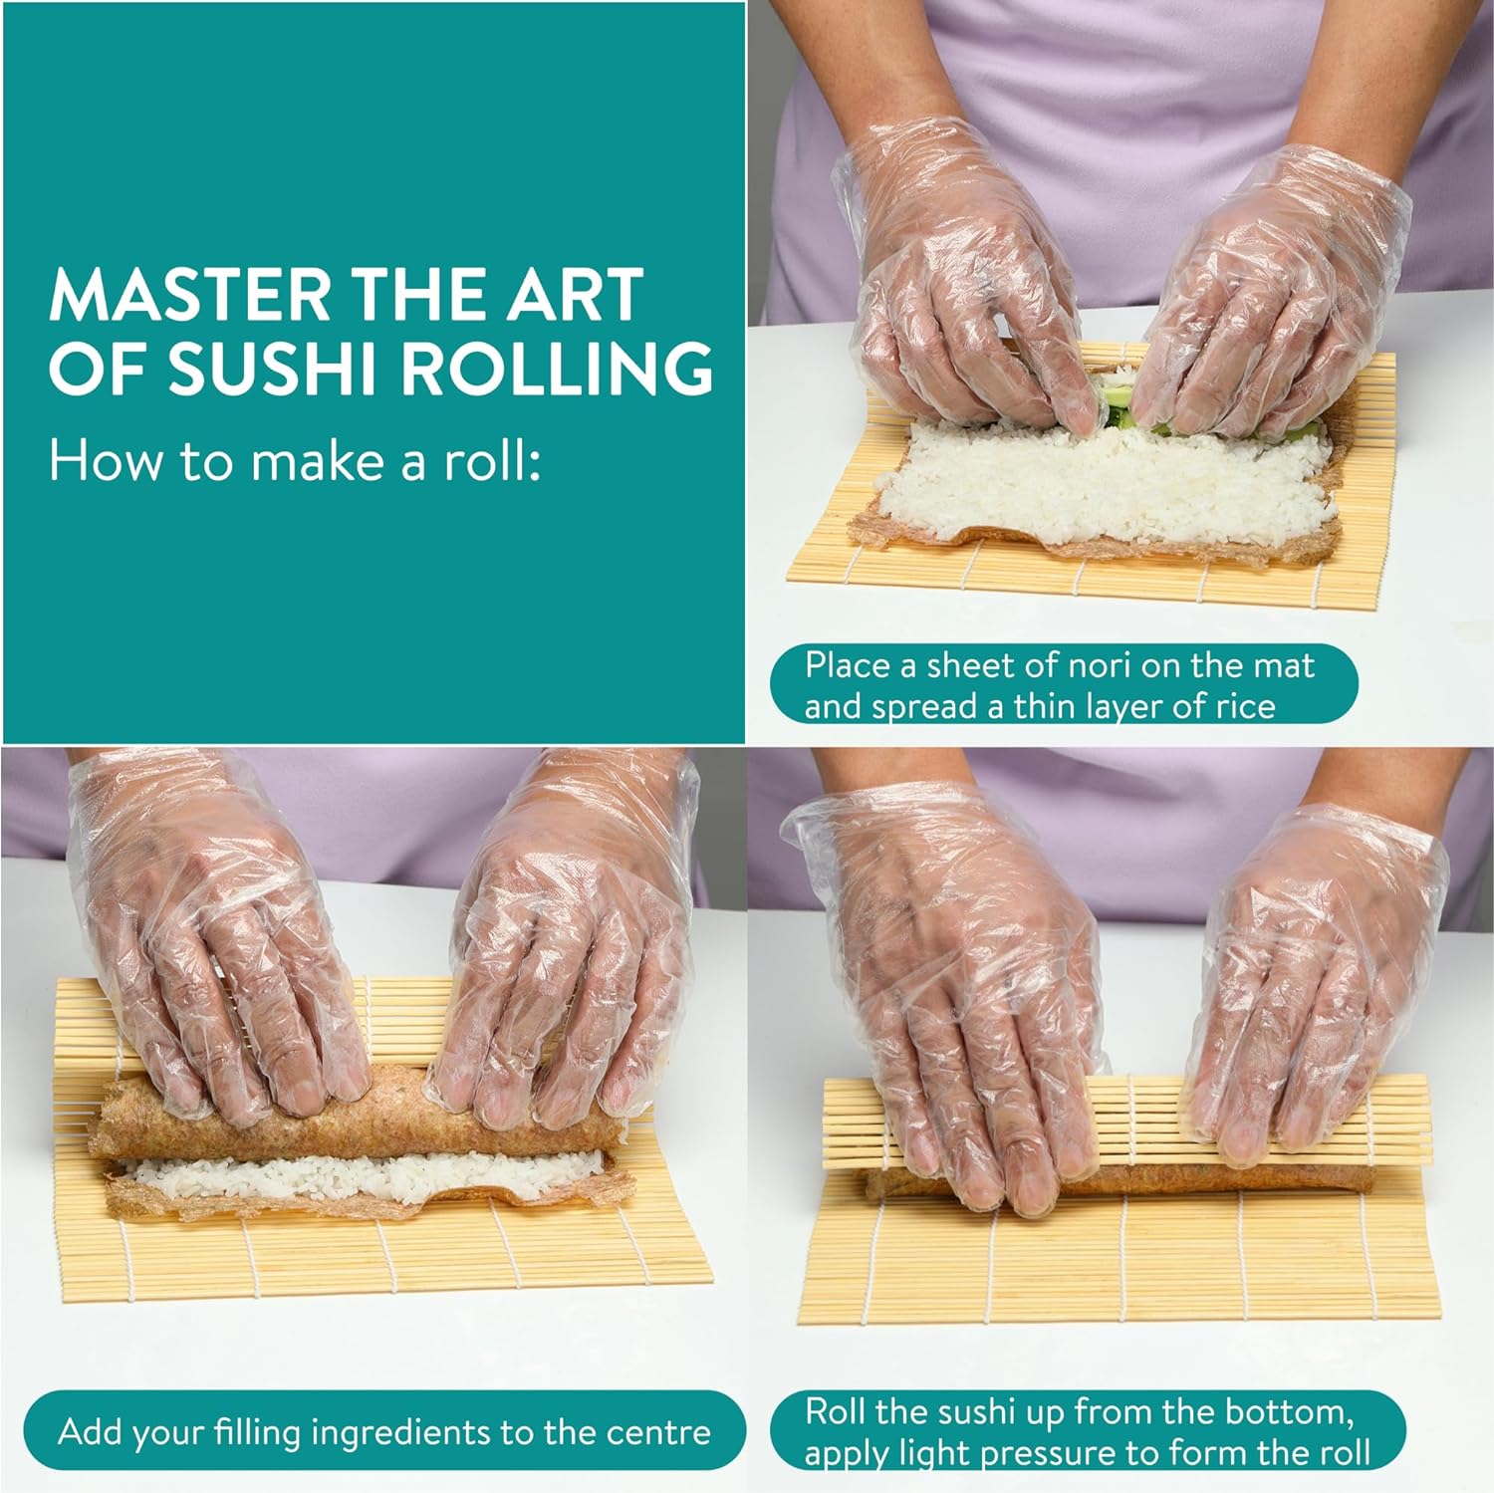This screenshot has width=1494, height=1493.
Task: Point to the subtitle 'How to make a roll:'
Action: [296, 462]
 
